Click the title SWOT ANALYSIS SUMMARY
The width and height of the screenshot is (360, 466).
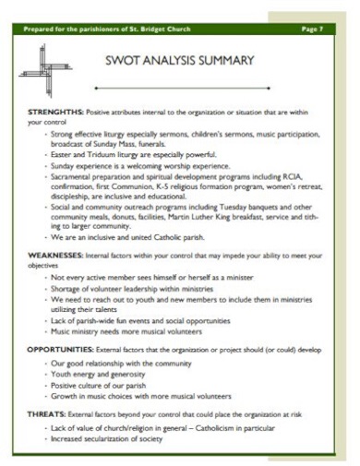[180, 61]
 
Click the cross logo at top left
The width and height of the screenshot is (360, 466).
[42, 65]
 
